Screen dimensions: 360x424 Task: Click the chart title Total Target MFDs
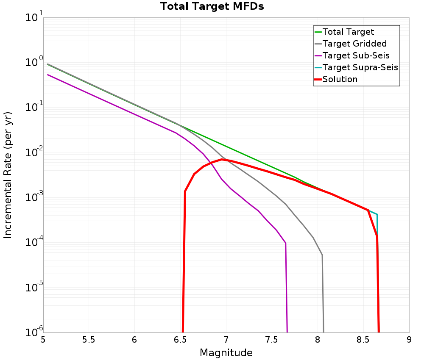click(x=212, y=6)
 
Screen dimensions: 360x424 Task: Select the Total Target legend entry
click(x=348, y=32)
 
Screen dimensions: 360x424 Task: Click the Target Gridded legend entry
click(x=354, y=44)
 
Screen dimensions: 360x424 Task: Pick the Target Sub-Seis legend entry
click(x=356, y=55)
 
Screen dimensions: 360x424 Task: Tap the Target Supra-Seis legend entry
click(x=360, y=67)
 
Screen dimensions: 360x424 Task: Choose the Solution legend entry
click(x=340, y=79)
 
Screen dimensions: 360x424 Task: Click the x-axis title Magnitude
click(x=226, y=353)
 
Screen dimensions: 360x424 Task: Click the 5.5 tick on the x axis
click(x=89, y=340)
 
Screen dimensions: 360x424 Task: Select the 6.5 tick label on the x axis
click(x=180, y=340)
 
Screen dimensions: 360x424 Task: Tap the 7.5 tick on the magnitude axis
click(x=272, y=340)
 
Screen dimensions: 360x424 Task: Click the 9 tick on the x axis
click(x=409, y=340)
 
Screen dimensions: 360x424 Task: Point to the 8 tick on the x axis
click(x=318, y=340)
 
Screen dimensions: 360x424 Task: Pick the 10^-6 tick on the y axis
click(x=33, y=331)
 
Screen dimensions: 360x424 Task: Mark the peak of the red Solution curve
click(x=222, y=159)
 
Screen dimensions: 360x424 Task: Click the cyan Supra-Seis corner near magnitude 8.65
click(x=377, y=214)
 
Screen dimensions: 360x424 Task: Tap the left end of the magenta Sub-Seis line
click(x=48, y=75)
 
